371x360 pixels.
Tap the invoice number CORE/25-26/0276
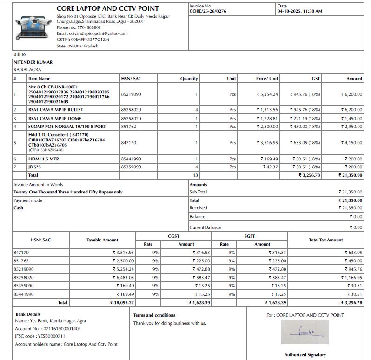(x=208, y=11)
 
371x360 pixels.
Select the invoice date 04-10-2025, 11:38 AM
(x=299, y=11)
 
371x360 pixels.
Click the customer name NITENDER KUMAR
(x=33, y=62)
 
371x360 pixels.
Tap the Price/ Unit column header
(x=267, y=79)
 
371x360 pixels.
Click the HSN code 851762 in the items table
(x=128, y=126)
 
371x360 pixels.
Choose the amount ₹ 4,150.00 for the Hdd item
(x=351, y=143)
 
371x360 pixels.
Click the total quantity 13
(x=195, y=175)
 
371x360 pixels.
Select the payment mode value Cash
(x=19, y=208)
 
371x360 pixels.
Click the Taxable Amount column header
(x=102, y=240)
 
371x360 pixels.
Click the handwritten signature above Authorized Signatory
(x=305, y=332)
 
